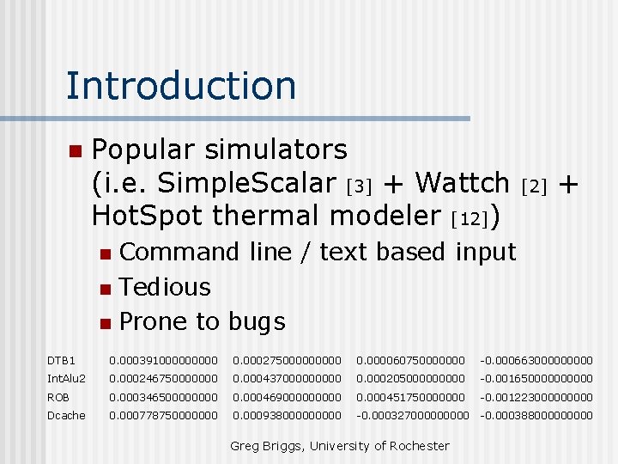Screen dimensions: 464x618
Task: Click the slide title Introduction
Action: point(180,85)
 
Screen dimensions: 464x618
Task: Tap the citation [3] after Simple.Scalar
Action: point(360,186)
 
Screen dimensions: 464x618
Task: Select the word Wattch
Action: point(462,183)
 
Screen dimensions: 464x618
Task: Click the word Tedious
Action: point(165,287)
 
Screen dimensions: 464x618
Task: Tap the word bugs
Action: point(257,322)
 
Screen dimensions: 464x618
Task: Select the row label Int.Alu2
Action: point(66,378)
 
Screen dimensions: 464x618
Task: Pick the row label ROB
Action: point(58,397)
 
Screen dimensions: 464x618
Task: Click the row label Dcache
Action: point(66,416)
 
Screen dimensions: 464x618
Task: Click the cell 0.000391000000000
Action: point(163,359)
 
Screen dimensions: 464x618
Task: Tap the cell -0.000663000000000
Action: point(536,359)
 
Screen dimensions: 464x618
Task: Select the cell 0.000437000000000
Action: point(287,378)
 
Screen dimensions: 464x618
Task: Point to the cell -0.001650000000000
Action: point(536,378)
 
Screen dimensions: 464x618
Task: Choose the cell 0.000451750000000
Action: point(410,397)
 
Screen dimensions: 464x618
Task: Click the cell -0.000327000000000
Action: point(413,416)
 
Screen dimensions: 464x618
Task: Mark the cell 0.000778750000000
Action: point(163,416)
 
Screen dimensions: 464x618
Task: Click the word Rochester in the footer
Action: point(418,446)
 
